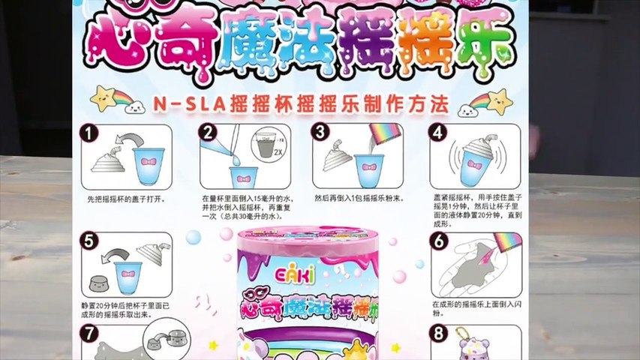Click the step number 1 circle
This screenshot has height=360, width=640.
(x=91, y=133)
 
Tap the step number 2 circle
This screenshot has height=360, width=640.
(x=208, y=133)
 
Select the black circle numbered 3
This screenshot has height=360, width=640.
(x=321, y=133)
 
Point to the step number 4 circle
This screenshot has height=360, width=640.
(x=437, y=133)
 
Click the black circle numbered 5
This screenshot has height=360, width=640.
(x=91, y=241)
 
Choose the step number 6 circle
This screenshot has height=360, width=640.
(x=438, y=241)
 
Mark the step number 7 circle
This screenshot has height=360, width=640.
(x=91, y=333)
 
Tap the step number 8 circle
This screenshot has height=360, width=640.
(x=438, y=333)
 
